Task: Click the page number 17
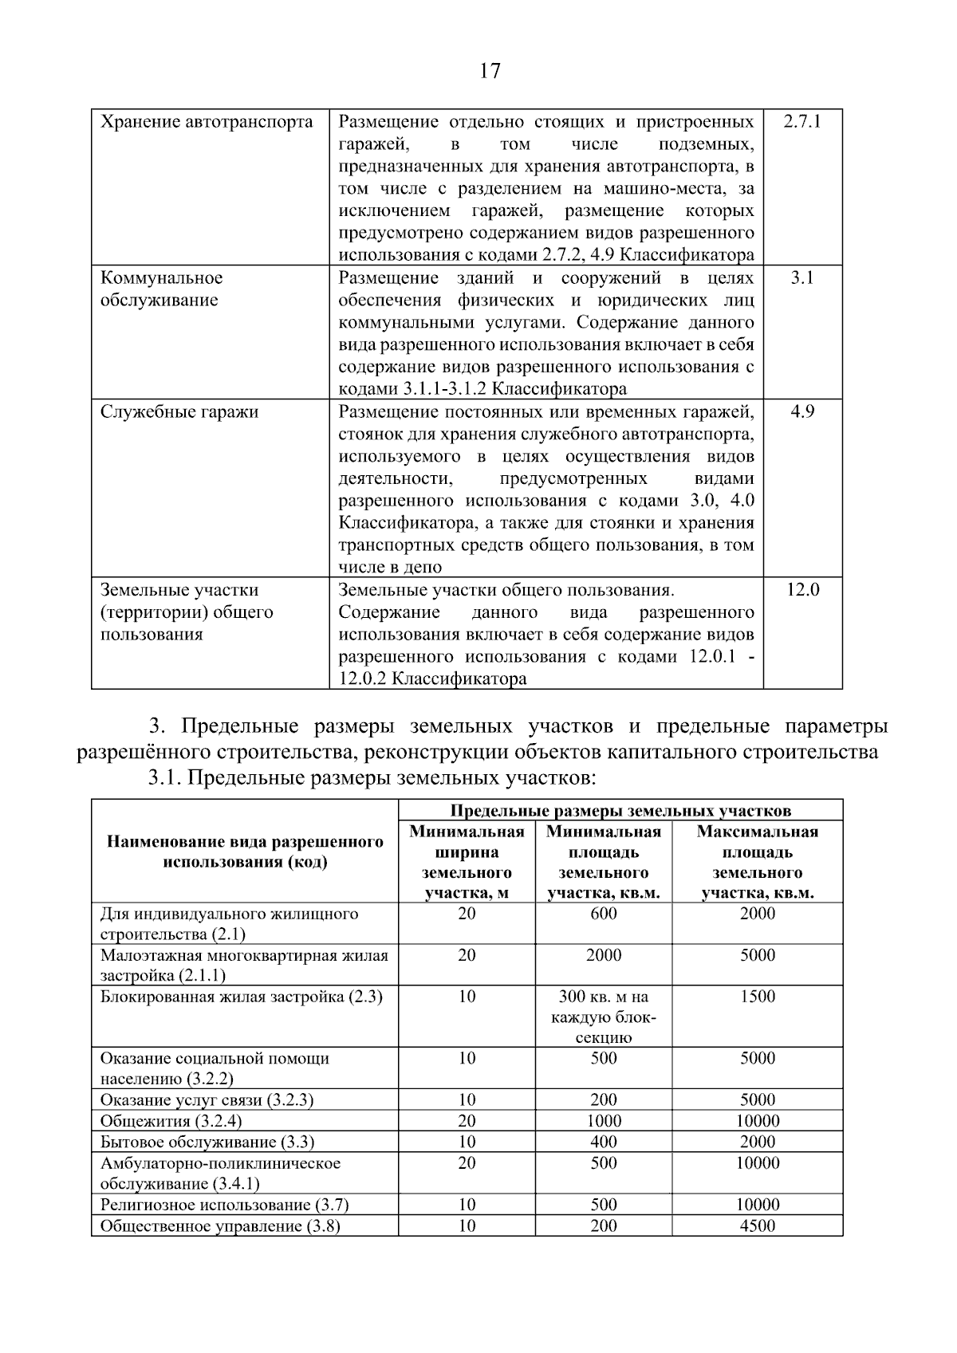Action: [x=490, y=71]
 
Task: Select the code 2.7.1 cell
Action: [x=801, y=122]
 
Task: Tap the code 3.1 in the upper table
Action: [x=801, y=278]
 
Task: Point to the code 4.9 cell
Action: [x=801, y=412]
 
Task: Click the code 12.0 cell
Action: [x=801, y=591]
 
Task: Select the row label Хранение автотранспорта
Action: [x=207, y=122]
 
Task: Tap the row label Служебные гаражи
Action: [x=179, y=412]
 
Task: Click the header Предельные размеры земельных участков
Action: [x=620, y=811]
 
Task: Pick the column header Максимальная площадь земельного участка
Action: [x=757, y=862]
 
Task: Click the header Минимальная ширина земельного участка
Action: [x=467, y=862]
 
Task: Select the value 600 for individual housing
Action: [x=604, y=914]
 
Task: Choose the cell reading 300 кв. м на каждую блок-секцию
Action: [x=604, y=1017]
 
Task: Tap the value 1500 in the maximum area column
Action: [x=757, y=997]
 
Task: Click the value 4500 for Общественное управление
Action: [x=757, y=1225]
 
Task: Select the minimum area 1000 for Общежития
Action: [x=604, y=1121]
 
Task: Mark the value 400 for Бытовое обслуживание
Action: [x=604, y=1142]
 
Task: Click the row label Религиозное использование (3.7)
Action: [x=224, y=1205]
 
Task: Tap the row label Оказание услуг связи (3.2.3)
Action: [x=207, y=1100]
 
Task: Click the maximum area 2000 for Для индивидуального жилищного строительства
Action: [x=757, y=914]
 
